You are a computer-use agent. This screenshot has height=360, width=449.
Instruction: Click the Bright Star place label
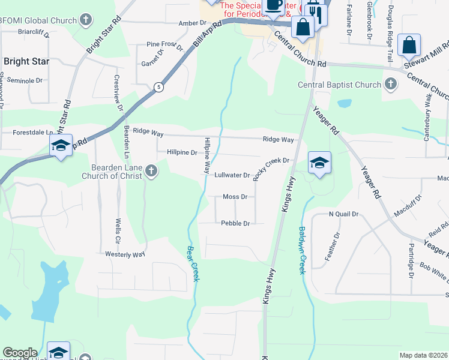coord(26,61)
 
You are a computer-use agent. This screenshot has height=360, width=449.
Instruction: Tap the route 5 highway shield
coord(158,86)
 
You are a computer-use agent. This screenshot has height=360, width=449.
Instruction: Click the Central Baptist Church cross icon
coord(391,84)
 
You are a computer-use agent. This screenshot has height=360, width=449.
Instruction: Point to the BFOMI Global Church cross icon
coord(86,20)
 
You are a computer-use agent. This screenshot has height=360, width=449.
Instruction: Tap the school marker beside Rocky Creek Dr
coord(319,163)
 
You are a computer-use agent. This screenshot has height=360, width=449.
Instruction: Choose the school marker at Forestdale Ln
coord(61,145)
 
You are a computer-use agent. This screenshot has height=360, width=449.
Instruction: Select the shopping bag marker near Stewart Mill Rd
coord(409,44)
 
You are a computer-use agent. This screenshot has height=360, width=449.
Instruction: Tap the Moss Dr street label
coord(235,197)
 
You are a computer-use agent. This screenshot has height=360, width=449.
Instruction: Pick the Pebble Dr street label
coord(235,223)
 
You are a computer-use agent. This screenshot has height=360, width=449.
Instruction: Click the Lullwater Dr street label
coord(232,175)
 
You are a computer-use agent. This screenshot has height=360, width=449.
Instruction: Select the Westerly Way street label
coord(125,254)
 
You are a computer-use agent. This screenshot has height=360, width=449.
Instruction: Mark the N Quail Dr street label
coord(343,214)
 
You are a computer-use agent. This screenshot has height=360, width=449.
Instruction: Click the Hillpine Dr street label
coord(182,153)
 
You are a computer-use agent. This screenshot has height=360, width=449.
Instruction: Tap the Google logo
coord(20,353)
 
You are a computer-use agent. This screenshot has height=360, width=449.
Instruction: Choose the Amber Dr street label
coord(193,23)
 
